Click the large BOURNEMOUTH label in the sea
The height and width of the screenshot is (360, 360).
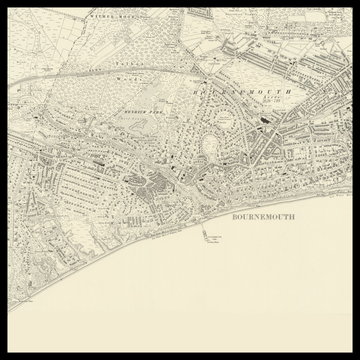click(x=263, y=215)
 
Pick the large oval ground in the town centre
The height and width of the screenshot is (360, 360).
click(x=211, y=148)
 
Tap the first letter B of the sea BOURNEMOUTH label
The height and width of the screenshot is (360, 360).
click(x=234, y=215)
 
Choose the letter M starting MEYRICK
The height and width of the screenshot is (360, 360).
click(x=124, y=115)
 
